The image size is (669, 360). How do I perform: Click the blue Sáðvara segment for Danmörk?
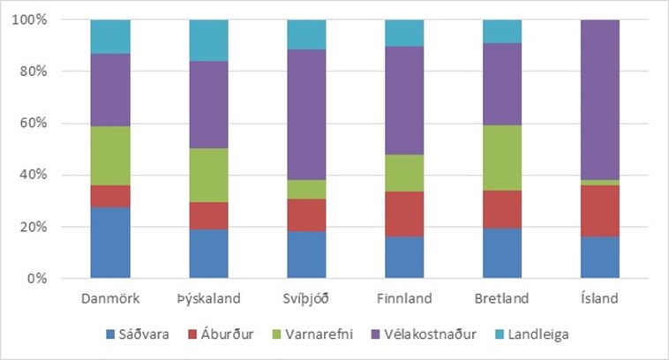click(x=110, y=243)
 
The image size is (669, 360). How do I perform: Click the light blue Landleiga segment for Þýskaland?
click(x=209, y=41)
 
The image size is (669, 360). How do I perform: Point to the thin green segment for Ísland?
click(x=601, y=183)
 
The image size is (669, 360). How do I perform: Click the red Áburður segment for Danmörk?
click(x=110, y=196)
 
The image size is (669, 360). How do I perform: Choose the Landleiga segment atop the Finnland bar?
click(x=405, y=33)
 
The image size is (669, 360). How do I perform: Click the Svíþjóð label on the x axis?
click(x=307, y=298)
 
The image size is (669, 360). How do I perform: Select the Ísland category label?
click(x=601, y=298)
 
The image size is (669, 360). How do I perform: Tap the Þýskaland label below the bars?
click(x=209, y=298)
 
